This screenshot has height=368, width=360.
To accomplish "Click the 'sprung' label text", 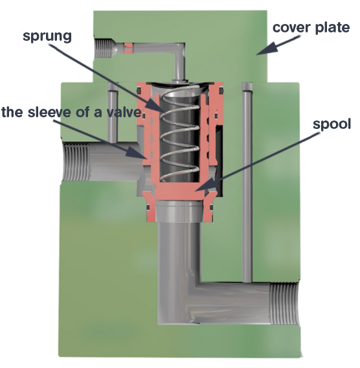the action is coord(47,36).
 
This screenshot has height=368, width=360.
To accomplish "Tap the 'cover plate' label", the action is coord(311,27).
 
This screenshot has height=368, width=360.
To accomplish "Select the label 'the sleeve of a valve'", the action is coord(71,112).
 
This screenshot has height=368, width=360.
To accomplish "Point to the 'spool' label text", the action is coord(332,124).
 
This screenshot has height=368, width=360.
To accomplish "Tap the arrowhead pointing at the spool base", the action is coord(205,185).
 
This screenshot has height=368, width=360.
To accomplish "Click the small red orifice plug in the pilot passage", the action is coord(128,48).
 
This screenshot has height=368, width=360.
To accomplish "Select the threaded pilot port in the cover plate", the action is coord(103,49).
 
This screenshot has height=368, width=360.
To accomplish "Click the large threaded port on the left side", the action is coord(76,161).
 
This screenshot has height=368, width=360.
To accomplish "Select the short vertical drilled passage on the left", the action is coord(113,113).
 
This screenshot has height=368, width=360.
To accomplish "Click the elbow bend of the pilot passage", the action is coord(179,50).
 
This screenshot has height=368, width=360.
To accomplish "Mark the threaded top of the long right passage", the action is coord(247,86).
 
